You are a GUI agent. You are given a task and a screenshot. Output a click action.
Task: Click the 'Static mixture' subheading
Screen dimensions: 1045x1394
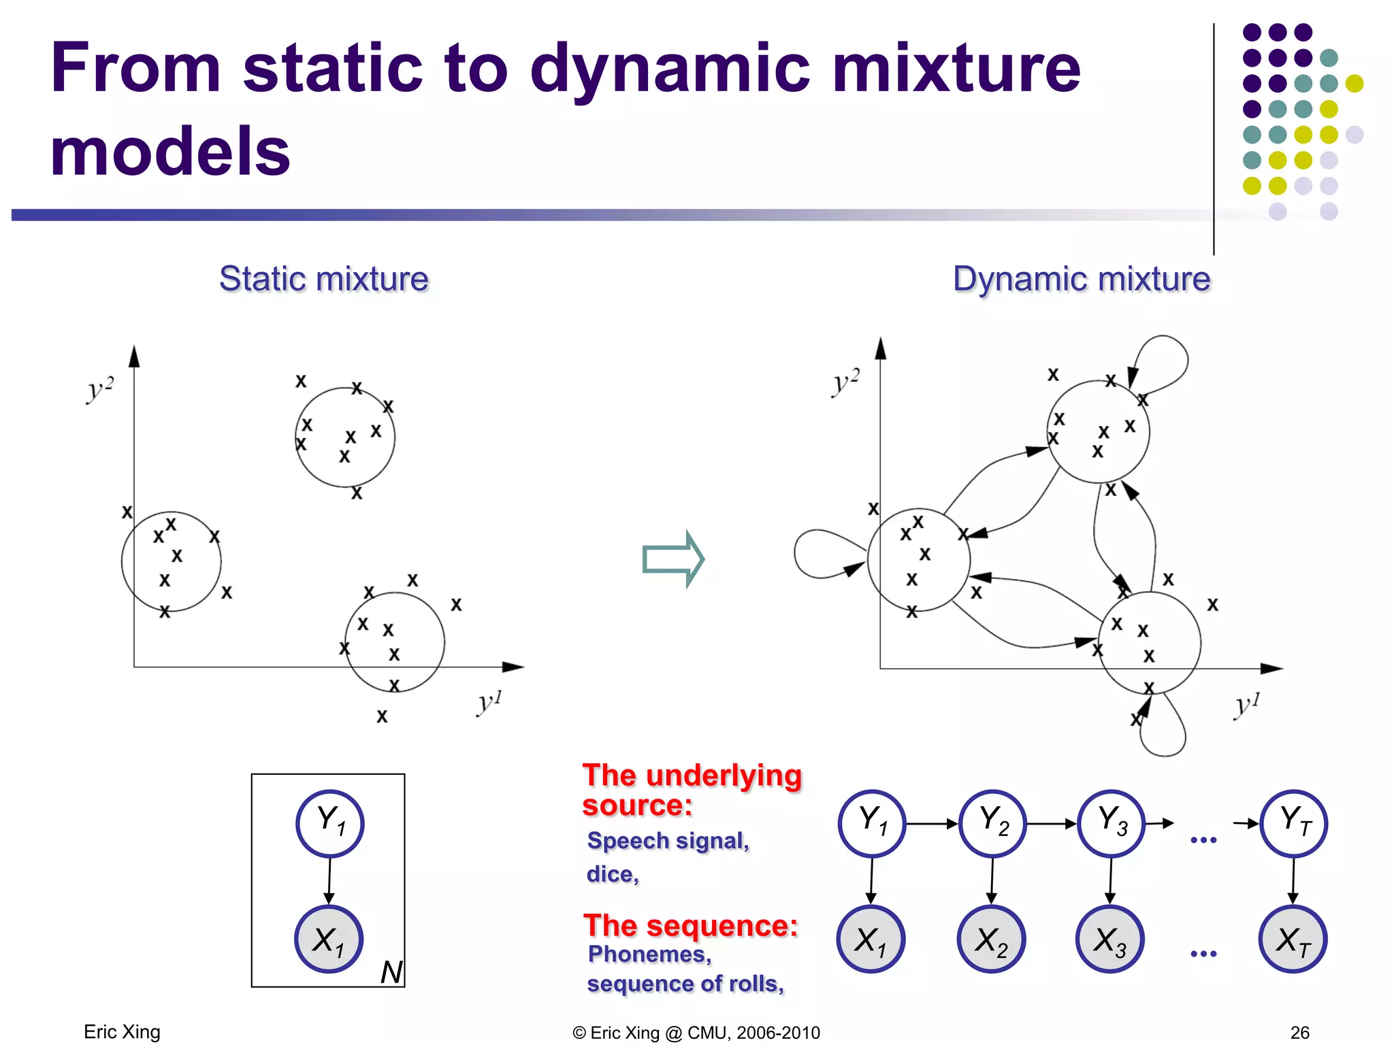(324, 279)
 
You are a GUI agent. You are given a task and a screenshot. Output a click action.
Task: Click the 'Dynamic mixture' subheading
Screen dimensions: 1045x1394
(1081, 279)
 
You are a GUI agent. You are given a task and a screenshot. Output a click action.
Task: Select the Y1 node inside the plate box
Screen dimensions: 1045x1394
(330, 823)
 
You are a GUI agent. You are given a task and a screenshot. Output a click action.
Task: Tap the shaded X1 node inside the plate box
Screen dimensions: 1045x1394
(329, 940)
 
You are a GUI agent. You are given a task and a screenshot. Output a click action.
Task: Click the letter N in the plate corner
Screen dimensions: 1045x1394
(391, 972)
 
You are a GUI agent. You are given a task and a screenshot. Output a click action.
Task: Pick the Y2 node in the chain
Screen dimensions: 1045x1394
(992, 823)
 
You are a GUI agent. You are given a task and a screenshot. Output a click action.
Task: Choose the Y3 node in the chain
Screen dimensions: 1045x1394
(1112, 823)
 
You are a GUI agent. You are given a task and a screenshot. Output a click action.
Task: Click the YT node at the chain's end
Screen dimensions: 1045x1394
(1294, 823)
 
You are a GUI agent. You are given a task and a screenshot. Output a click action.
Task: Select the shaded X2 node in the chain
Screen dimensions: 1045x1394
(991, 940)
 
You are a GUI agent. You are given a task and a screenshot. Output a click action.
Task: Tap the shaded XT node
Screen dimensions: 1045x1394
(1293, 940)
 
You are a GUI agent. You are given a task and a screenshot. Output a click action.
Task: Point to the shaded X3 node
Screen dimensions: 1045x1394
(1110, 940)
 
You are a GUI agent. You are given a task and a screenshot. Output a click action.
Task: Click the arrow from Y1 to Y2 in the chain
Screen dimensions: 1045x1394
(932, 824)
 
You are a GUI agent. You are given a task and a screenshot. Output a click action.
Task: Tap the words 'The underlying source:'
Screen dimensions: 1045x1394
(692, 790)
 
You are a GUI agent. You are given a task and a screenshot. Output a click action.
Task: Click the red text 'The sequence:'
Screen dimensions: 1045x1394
(691, 926)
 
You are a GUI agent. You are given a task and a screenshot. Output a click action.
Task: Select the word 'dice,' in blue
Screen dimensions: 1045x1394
(613, 874)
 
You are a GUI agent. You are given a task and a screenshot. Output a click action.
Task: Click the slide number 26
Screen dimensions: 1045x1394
(1299, 1033)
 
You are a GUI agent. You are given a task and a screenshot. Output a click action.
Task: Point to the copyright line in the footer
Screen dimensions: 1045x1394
(696, 1033)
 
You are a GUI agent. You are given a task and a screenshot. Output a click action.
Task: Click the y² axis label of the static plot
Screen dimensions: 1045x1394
(100, 389)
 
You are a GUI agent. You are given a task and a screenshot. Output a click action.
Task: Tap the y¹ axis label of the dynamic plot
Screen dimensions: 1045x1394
(1247, 705)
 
